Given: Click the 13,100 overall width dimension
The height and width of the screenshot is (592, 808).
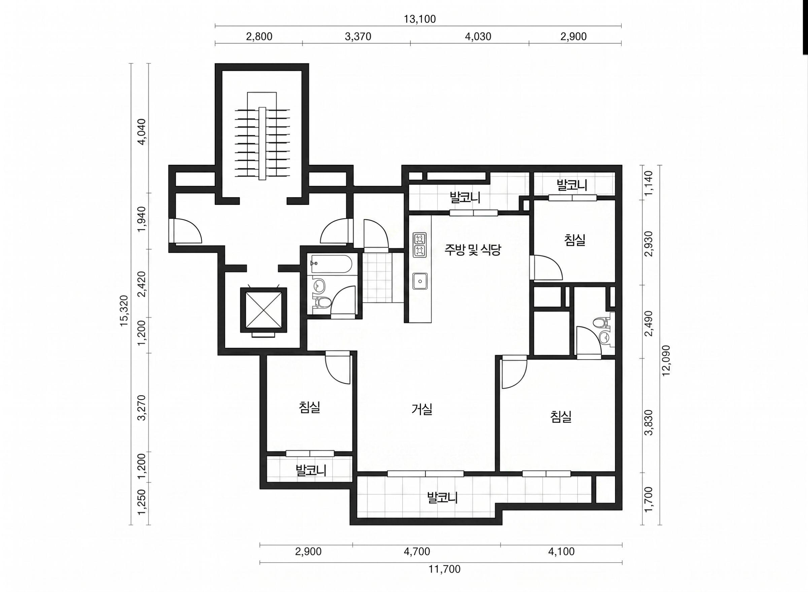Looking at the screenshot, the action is (x=420, y=19).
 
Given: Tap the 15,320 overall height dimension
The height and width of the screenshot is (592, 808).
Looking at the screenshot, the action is (x=124, y=311).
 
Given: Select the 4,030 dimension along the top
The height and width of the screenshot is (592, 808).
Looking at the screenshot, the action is (x=478, y=36).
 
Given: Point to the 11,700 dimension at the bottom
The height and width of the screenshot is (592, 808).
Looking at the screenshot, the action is (x=445, y=569).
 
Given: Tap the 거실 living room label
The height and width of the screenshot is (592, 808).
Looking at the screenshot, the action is (x=422, y=409).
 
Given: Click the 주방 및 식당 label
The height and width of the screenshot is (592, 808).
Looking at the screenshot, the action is (x=473, y=250).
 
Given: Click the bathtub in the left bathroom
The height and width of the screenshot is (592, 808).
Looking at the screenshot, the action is (x=332, y=264).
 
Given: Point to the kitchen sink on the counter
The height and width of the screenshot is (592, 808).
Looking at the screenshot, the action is (x=420, y=281).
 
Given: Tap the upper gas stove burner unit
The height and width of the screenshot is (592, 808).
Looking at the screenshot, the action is (x=420, y=239).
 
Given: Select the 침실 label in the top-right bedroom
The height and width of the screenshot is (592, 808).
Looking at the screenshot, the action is (x=575, y=240).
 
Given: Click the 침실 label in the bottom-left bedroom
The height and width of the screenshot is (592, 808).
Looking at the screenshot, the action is (x=309, y=407).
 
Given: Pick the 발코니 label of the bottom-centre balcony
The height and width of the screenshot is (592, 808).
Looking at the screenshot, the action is (x=443, y=498).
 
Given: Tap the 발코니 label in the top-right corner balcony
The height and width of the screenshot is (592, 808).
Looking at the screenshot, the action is (x=572, y=185).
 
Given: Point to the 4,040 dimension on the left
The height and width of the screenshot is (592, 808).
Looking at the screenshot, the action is (x=142, y=131).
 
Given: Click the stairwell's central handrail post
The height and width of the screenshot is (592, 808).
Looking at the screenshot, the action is (x=262, y=143).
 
